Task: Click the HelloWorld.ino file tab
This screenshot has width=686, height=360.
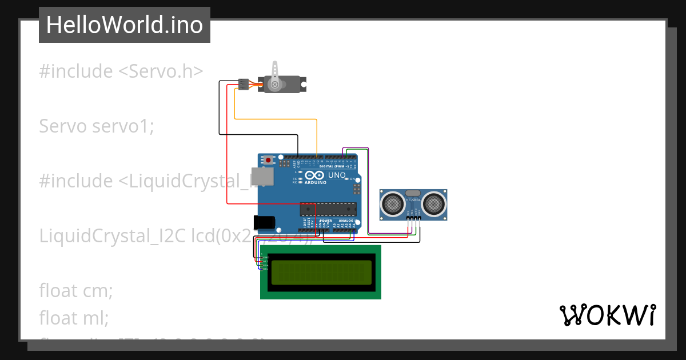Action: click(124, 25)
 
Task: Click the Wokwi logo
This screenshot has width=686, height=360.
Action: click(607, 315)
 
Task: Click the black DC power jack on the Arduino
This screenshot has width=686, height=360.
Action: click(264, 222)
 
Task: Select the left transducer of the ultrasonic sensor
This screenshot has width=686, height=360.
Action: click(393, 203)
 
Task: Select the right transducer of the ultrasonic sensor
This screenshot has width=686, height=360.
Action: click(433, 203)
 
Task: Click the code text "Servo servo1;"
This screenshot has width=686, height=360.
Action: click(96, 126)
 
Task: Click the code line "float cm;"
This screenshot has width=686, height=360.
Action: click(75, 290)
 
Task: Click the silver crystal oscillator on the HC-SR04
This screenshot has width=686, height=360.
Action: click(413, 194)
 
